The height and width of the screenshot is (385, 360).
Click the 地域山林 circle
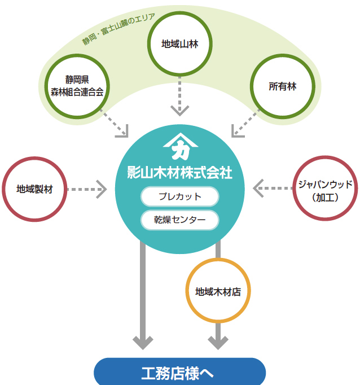click(x=179, y=43)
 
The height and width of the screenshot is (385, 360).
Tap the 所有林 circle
click(x=282, y=86)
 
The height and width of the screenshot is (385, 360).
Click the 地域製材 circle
click(x=34, y=189)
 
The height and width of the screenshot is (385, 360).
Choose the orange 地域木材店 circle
click(x=218, y=292)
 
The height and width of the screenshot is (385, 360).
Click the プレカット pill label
click(x=179, y=197)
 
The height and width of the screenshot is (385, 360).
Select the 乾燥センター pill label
click(x=179, y=220)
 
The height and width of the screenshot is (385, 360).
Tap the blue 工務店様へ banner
click(x=179, y=373)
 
